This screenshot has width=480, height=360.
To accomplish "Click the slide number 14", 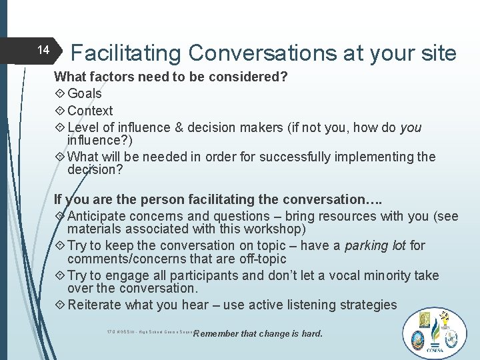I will (43, 50).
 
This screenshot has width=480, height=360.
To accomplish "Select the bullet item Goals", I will (84, 94).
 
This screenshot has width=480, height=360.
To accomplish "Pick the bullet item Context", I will (90, 111).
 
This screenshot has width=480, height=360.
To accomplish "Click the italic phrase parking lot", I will (375, 246).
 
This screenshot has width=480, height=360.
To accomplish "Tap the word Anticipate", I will (97, 216).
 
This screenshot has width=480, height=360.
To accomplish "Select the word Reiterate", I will (95, 305).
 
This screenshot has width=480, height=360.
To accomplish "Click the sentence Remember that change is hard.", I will (257, 333).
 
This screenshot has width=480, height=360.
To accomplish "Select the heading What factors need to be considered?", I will (171, 77).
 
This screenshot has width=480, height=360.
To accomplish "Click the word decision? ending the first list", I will (95, 169).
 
